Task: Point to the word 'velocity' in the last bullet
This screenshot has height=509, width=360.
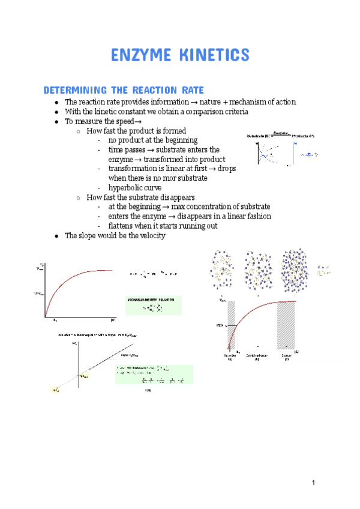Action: [x=151, y=235]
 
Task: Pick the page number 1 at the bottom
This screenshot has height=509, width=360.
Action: [x=313, y=483]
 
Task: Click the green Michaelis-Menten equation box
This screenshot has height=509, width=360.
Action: [x=154, y=305]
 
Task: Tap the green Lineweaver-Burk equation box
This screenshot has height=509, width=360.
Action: [x=154, y=375]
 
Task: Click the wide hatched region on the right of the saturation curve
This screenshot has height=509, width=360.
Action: [x=286, y=325]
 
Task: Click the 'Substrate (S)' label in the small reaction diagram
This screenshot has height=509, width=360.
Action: [x=259, y=136]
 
